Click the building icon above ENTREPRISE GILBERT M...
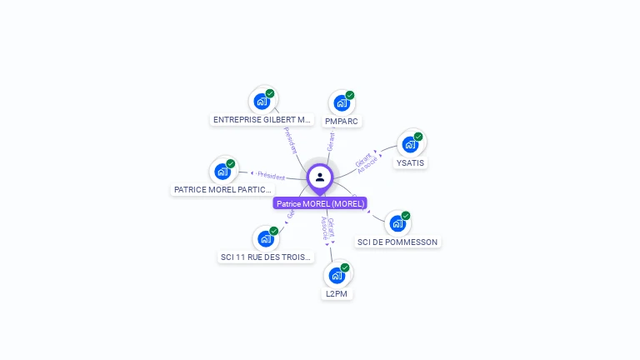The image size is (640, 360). [262, 102]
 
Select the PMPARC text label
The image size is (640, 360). [342, 122]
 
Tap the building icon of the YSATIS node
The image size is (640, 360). [409, 144]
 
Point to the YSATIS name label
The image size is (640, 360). [410, 162]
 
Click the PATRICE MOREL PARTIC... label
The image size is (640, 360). [222, 190]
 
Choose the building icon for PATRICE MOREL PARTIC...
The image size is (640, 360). [222, 171]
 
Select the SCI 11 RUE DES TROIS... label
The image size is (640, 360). [266, 257]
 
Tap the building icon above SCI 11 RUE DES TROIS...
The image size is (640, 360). [265, 239]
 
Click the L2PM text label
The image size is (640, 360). [337, 294]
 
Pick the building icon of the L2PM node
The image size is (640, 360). [336, 275]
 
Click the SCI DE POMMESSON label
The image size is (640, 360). [397, 242]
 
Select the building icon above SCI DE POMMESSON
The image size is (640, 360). [397, 223]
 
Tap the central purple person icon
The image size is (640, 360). [320, 177]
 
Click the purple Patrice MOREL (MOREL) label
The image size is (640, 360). [320, 203]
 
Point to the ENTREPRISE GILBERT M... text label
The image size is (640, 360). [262, 120]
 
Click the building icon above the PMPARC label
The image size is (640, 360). [341, 103]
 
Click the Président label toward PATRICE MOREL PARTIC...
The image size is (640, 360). [271, 176]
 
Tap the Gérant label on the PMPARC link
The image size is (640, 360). [331, 141]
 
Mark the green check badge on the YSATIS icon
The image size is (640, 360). [418, 137]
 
